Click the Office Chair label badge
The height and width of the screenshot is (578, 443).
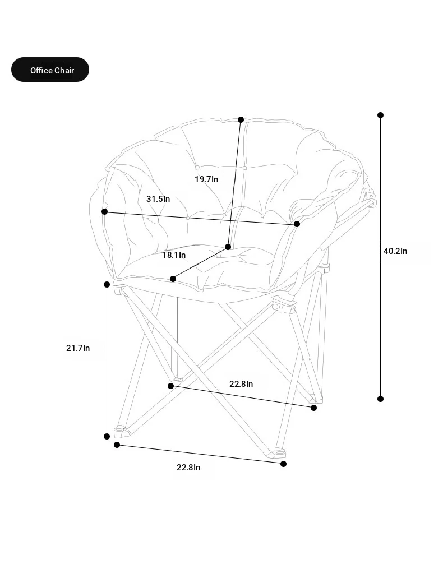50,70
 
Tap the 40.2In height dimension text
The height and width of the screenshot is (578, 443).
395,251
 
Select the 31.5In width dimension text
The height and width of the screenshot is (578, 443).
158,198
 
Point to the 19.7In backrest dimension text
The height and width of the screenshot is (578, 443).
206,179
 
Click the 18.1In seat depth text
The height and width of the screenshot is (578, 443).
174,255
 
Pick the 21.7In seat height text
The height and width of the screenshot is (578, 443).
78,348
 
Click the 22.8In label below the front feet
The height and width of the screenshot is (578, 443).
188,468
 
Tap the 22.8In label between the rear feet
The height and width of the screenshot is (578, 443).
241,383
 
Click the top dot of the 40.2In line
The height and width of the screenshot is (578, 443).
381,115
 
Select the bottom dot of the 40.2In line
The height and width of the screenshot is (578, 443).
381,399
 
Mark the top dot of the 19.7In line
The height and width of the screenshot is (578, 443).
241,119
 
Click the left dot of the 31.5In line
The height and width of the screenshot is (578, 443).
105,211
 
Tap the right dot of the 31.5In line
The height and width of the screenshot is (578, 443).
297,224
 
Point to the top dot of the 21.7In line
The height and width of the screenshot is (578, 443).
107,284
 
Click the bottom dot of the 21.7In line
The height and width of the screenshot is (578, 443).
107,437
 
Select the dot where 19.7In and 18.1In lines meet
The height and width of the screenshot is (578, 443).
228,247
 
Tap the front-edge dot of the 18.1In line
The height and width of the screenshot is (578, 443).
173,279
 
